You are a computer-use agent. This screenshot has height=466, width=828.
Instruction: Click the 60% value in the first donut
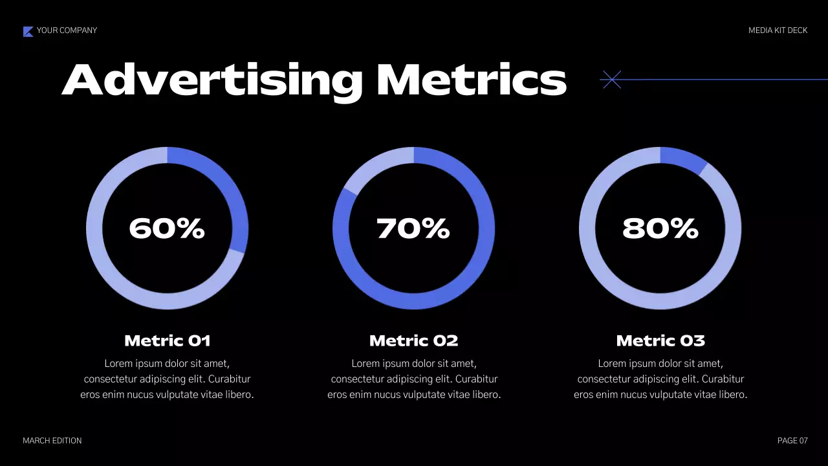click(x=167, y=228)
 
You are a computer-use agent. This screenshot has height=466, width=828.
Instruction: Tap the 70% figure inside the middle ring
click(x=413, y=228)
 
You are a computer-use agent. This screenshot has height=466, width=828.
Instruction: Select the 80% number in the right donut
click(x=660, y=228)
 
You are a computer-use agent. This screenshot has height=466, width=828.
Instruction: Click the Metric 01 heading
click(x=167, y=340)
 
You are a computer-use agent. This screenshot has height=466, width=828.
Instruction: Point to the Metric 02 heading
click(x=413, y=340)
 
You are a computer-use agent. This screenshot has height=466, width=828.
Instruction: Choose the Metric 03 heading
click(x=660, y=340)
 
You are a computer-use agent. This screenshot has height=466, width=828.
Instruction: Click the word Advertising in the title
click(x=212, y=80)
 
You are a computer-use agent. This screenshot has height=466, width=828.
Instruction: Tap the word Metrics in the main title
click(x=471, y=80)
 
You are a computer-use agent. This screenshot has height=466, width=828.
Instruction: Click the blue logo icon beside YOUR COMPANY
click(x=28, y=31)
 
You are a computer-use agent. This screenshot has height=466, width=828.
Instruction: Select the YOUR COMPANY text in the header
click(x=67, y=30)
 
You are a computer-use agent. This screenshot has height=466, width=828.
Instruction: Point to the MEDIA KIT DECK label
click(x=778, y=30)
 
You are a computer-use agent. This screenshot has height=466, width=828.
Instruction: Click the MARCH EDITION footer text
click(x=52, y=441)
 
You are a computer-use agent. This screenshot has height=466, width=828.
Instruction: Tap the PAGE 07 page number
click(x=792, y=441)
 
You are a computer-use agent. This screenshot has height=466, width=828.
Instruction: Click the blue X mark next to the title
click(x=611, y=80)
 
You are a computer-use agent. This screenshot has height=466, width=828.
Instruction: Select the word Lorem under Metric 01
click(x=117, y=364)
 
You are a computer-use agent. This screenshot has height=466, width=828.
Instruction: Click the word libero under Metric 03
click(x=731, y=395)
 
